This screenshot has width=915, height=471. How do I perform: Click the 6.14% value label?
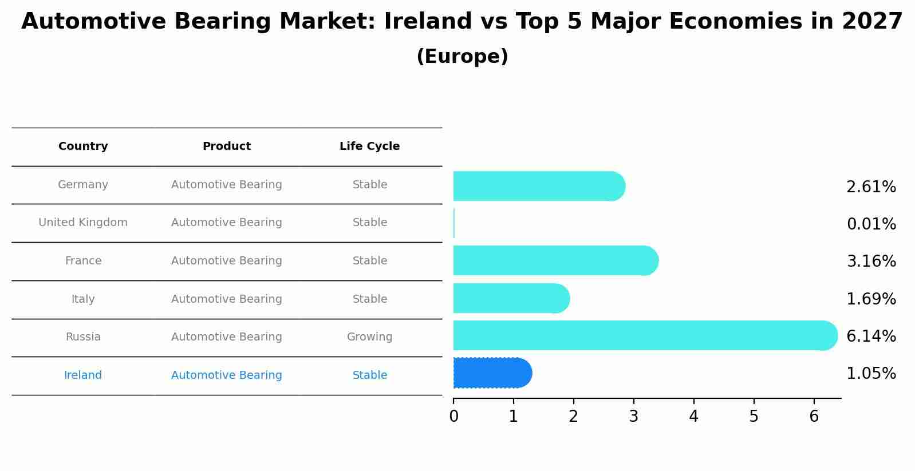click(x=871, y=336)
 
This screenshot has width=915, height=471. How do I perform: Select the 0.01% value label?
click(x=871, y=224)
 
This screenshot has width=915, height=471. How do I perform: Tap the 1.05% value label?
click(x=871, y=374)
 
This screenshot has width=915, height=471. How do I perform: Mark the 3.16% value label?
click(x=871, y=261)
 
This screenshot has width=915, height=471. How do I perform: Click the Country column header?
click(x=83, y=146)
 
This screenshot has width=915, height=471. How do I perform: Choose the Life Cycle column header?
click(x=369, y=146)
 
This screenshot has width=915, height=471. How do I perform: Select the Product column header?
click(x=226, y=146)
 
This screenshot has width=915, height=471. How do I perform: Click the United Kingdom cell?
click(x=83, y=222)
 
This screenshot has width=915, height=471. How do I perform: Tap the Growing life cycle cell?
click(x=369, y=337)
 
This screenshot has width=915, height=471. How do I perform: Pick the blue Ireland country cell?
click(x=83, y=375)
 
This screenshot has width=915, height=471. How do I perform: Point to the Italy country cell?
click(x=83, y=299)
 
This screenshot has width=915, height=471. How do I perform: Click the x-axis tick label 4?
click(x=693, y=417)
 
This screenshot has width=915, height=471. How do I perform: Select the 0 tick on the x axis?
click(x=453, y=417)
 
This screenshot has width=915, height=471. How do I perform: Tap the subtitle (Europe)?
click(x=462, y=57)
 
